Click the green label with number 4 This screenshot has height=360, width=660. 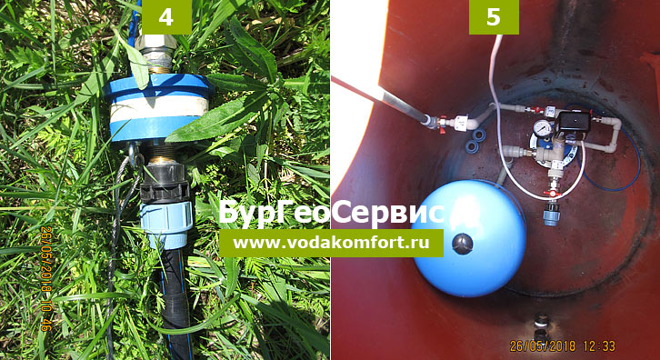point(166,17)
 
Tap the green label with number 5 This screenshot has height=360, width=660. point(494,17)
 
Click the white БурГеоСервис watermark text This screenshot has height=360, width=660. point(332,212)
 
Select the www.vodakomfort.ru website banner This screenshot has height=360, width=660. point(331,243)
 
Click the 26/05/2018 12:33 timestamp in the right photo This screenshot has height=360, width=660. point(563,346)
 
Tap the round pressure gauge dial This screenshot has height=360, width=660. point(543,127)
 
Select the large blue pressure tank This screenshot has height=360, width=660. point(469,238)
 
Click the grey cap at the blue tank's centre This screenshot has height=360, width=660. point(462,244)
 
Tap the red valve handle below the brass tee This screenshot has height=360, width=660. point(551,194)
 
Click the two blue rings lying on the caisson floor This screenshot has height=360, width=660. point(474,141)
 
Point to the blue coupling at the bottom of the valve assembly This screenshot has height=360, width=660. point(551,215)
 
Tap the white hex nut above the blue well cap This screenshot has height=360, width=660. point(156,42)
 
